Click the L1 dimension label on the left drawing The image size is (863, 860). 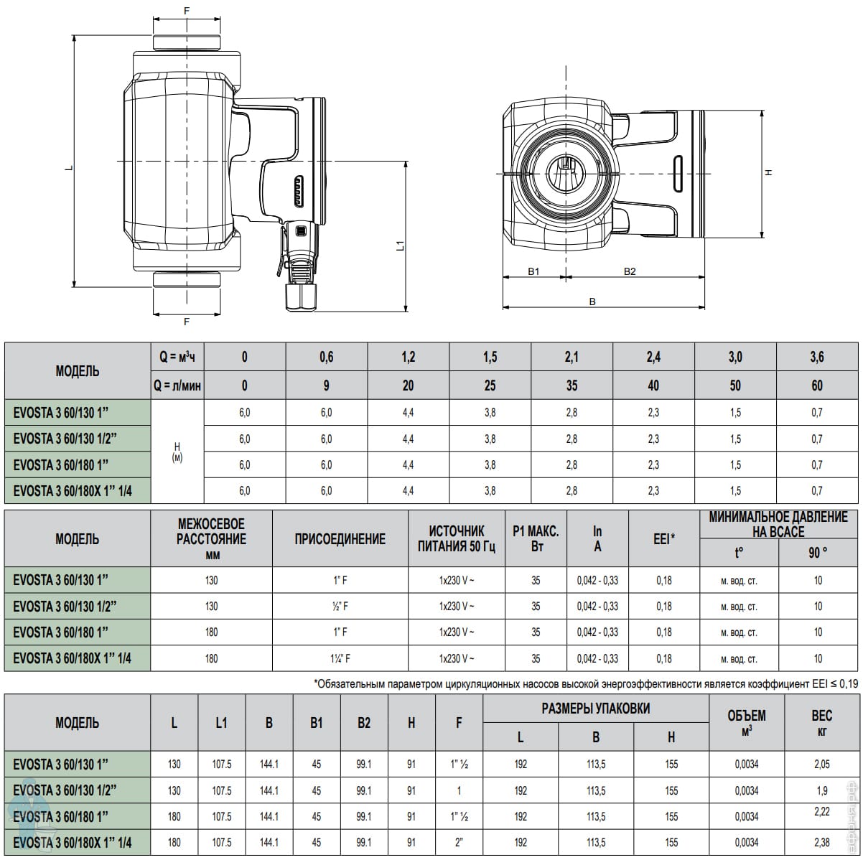(401, 246)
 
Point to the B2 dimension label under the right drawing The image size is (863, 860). (630, 271)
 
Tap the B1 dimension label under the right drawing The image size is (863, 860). (533, 271)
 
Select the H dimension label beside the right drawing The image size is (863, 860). (768, 172)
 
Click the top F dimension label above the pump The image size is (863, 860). (187, 11)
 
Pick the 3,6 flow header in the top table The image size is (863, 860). (817, 357)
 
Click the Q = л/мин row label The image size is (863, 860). (177, 385)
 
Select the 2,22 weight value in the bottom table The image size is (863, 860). (822, 811)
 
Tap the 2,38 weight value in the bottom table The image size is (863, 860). (822, 842)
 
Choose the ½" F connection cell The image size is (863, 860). (340, 606)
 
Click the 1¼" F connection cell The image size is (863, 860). (340, 658)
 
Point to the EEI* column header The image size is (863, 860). (663, 539)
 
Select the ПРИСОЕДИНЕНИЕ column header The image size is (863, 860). (340, 539)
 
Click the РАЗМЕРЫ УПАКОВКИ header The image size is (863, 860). (596, 708)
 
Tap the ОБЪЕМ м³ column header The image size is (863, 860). (747, 722)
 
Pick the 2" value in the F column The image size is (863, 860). (459, 842)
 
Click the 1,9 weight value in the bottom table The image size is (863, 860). (822, 790)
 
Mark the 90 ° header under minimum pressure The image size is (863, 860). (818, 553)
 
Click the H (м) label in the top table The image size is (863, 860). (177, 452)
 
